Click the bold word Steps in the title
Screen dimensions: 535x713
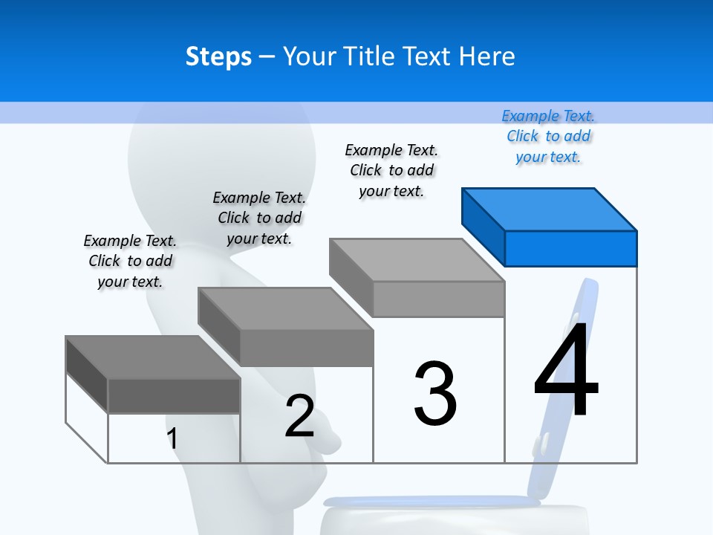[218, 56]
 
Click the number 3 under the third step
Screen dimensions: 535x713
[435, 394]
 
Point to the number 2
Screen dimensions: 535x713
[300, 416]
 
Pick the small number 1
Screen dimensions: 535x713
[172, 438]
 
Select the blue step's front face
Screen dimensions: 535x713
[570, 248]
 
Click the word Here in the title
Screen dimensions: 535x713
[487, 56]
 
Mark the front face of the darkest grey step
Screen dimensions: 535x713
[174, 395]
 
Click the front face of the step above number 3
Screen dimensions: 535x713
[438, 299]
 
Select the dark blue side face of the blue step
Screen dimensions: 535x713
[483, 223]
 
